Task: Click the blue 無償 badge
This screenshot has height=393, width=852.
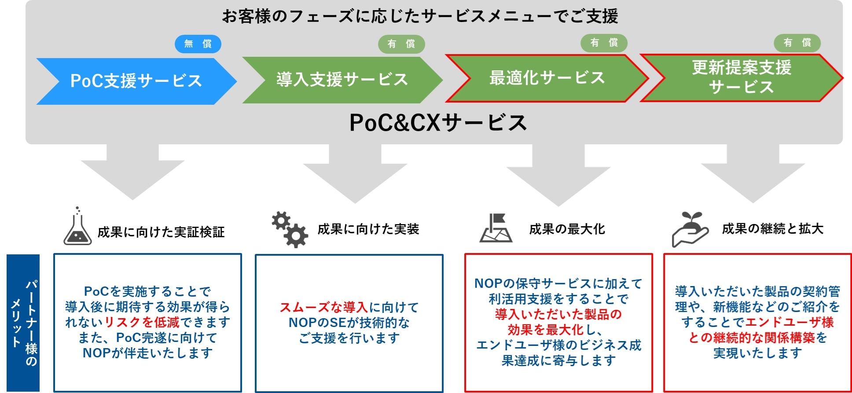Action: [198, 44]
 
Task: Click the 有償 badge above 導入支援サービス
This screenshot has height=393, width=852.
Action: [401, 44]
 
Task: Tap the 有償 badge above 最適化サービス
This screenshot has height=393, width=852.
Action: [604, 43]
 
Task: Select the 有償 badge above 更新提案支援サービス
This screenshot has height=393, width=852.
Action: [797, 43]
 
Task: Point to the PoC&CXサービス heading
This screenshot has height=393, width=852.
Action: [438, 122]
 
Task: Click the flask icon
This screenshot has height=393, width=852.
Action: [77, 226]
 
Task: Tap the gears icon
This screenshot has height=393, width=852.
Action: [290, 229]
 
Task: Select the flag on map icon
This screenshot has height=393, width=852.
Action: [496, 228]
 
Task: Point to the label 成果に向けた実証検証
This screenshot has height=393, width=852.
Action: [161, 232]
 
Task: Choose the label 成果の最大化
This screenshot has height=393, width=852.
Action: [567, 229]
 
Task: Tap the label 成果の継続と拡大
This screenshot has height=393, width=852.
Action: [773, 228]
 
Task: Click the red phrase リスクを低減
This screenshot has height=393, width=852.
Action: [142, 322]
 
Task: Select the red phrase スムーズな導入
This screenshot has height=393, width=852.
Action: [324, 307]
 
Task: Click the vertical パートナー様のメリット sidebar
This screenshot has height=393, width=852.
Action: [23, 323]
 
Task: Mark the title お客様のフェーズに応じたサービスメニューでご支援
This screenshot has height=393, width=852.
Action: [420, 17]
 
